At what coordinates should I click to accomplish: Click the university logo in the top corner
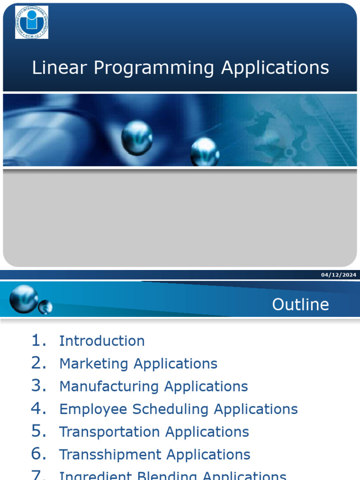(31, 22)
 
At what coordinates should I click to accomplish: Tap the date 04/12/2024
(339, 275)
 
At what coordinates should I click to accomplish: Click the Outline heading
(300, 305)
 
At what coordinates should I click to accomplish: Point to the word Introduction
(102, 341)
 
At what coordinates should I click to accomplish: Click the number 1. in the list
(39, 341)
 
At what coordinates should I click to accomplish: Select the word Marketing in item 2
(94, 364)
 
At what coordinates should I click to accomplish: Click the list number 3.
(39, 386)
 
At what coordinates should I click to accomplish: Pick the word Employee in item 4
(93, 409)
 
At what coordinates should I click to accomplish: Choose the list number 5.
(39, 432)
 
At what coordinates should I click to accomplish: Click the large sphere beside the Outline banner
(24, 299)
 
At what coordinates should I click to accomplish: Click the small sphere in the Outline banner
(45, 307)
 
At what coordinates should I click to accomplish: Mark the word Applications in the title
(275, 68)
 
